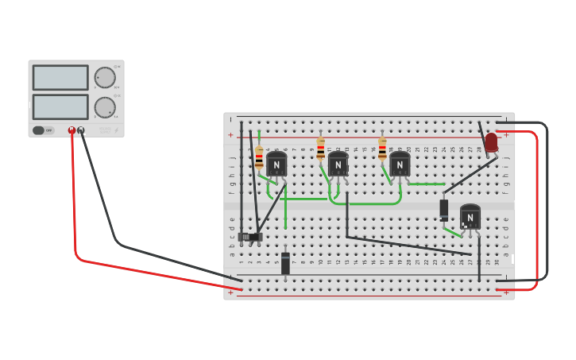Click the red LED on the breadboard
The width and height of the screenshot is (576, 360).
point(491,142)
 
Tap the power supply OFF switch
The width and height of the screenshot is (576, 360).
point(43,130)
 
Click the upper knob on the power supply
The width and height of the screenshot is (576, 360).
point(105,77)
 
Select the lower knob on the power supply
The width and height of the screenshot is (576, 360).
point(105,107)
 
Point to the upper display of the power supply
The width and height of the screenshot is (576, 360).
point(60,77)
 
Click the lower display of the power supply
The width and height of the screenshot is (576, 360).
point(60,106)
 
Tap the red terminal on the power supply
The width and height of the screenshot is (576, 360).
point(72,130)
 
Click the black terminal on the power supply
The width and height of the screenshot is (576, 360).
point(81,130)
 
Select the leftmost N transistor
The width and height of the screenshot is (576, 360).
point(276,165)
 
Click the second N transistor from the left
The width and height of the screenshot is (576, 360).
point(338,165)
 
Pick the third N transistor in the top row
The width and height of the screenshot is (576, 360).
point(400,165)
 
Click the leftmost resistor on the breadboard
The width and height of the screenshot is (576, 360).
point(259,157)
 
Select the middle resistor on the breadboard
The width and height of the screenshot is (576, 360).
point(321,148)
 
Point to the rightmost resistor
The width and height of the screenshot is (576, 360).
point(382,148)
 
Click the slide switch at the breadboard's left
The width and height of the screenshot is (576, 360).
point(250,237)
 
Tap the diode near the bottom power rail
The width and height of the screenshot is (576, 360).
point(285,263)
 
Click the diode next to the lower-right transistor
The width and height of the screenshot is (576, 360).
point(444,209)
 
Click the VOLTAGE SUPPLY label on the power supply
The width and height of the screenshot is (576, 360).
point(106,129)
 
